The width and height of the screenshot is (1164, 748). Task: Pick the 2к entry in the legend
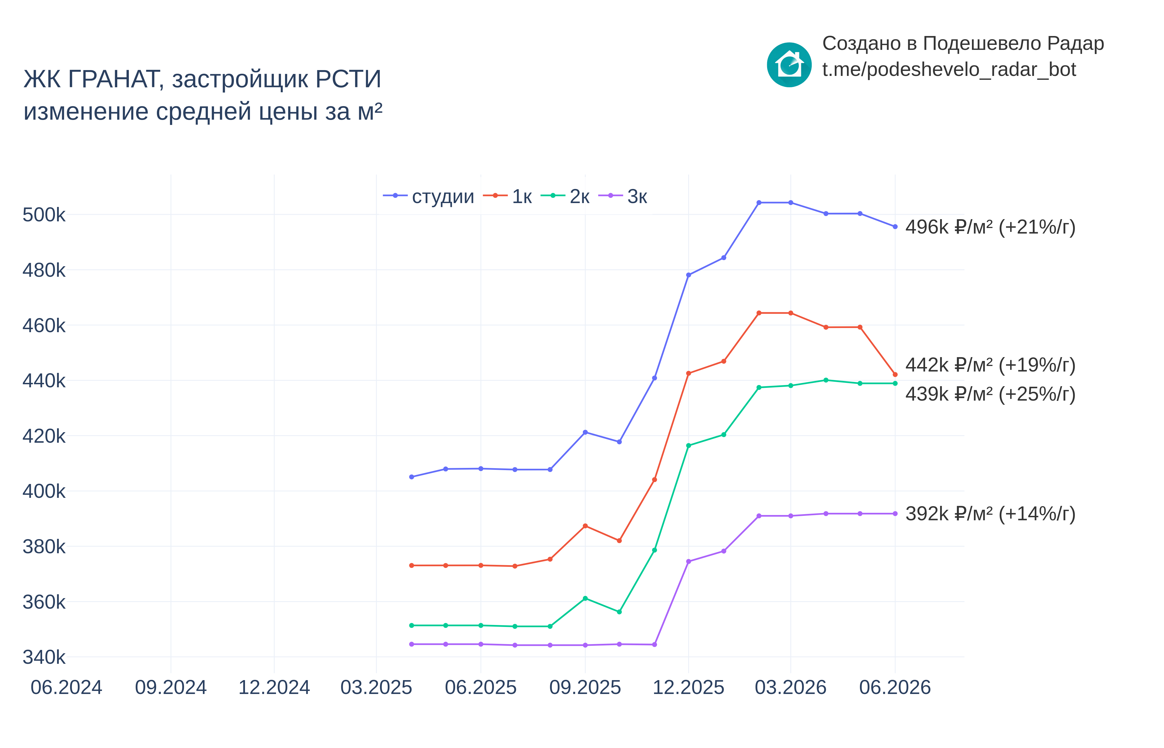[x=565, y=196]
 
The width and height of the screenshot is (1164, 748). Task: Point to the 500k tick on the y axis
[x=44, y=215]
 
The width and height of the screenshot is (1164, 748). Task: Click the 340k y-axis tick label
[x=44, y=657]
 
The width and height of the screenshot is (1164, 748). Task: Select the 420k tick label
[x=44, y=436]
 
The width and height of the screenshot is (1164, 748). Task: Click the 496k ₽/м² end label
[x=991, y=227]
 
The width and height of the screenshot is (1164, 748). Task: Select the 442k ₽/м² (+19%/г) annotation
[x=991, y=365]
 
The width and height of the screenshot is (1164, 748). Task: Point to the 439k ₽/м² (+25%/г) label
[x=991, y=394]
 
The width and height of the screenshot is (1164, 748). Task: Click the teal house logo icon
[x=789, y=65]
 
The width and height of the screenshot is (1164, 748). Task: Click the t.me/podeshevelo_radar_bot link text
[x=949, y=70]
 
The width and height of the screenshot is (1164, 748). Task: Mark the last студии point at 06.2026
[x=895, y=227]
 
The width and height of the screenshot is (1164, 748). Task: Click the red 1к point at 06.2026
[x=895, y=375]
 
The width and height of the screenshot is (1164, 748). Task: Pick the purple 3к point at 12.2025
[x=688, y=562]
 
